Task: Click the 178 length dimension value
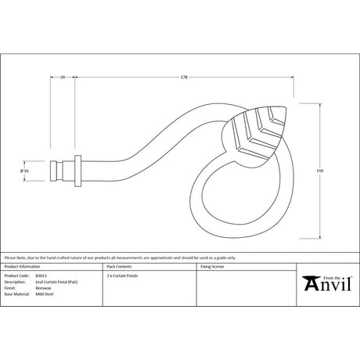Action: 183,77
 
